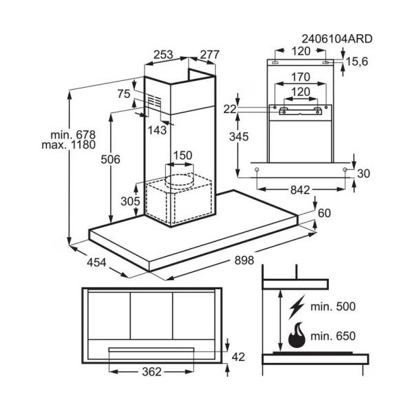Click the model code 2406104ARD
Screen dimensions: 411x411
coord(337,39)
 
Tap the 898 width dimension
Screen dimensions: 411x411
coord(244,260)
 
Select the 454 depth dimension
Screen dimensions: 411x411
coord(97,262)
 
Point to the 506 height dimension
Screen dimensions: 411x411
coord(110,160)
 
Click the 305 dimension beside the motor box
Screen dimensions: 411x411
coord(130,201)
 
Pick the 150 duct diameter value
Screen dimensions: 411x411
coord(182,155)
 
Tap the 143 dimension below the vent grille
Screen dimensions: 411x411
coord(157,130)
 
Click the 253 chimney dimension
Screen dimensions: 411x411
coord(163,55)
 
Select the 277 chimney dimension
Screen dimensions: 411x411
coord(210,55)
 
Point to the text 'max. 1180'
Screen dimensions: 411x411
coord(68,145)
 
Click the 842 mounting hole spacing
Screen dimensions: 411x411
coord(300,190)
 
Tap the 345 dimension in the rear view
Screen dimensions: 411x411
coord(239,136)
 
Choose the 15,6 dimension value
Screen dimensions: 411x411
coord(357,62)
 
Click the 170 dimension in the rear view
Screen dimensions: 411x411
coord(301,77)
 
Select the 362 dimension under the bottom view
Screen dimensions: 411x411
coord(152,372)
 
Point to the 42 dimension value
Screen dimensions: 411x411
coord(238,357)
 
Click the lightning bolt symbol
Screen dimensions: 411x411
coord(297,307)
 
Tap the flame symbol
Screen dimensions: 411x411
coord(297,335)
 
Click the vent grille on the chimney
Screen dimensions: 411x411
coord(154,101)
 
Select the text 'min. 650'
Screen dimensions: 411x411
coord(333,336)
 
